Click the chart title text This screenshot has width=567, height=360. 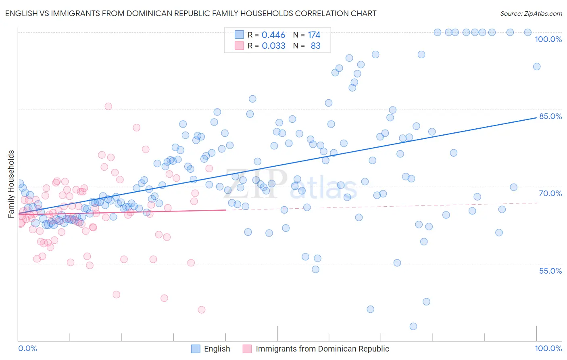pos(191,14)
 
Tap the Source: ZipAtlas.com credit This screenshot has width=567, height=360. pos(531,14)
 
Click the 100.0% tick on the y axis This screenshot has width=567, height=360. pos(548,39)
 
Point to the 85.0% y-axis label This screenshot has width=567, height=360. pos(550,116)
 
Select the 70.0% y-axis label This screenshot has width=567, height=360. pos(550,193)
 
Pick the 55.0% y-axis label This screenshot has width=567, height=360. pos(550,271)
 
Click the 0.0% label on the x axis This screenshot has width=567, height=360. pos(28,348)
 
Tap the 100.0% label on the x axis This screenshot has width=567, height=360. pos(548,348)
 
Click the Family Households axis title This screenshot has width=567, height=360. pos(11,184)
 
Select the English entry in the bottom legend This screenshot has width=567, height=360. pos(217,349)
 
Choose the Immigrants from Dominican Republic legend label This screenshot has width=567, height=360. pos(322,349)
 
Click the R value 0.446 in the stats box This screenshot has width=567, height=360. pos(273,35)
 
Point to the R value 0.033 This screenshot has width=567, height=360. pos(273,46)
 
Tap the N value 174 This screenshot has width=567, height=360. pos(314,35)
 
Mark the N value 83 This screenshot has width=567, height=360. pos(315,46)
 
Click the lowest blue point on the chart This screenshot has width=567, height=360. pos(413,327)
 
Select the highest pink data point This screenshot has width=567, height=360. pos(108,107)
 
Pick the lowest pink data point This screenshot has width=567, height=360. pos(202,310)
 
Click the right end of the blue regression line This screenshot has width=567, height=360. pos(536,117)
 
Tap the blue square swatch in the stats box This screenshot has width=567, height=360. pos(239,35)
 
